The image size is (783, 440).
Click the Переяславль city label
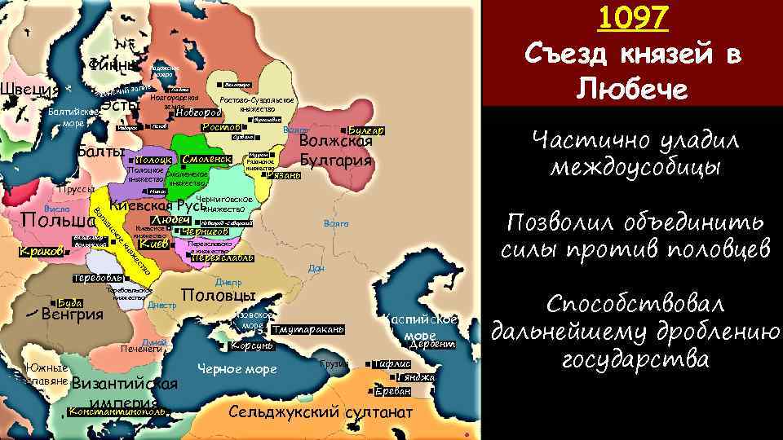tap(223, 258)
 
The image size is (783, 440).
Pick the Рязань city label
tap(285, 176)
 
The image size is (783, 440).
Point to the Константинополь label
tap(119, 412)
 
